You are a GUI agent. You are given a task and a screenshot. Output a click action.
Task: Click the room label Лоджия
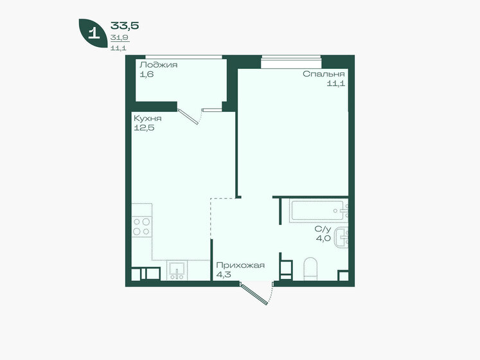[x=159, y=65]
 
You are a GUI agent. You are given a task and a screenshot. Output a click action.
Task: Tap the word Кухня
[x=148, y=118]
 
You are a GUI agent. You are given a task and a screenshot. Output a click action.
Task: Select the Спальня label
[x=324, y=74]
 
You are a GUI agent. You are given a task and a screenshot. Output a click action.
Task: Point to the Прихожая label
[x=240, y=265]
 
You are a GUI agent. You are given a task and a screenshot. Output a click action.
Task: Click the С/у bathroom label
[x=323, y=229]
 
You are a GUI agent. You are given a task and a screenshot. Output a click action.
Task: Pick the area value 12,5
[x=144, y=128]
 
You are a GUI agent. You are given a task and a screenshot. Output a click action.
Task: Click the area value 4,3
[x=224, y=274]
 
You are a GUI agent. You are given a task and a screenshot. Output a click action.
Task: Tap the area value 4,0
[x=323, y=239]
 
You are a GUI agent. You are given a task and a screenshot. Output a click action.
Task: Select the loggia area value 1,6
[x=147, y=74]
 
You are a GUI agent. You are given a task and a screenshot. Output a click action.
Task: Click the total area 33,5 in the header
[x=125, y=26]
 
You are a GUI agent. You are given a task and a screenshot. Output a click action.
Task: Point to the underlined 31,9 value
[x=120, y=38]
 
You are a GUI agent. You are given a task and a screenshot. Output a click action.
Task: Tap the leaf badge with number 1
[x=93, y=33]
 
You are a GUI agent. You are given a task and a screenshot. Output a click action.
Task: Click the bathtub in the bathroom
[x=318, y=210]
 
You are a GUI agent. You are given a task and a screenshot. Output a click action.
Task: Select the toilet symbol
[x=310, y=269]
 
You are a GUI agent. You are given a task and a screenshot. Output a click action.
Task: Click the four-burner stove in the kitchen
[x=142, y=226]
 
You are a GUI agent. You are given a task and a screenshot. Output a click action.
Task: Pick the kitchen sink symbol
[x=177, y=271]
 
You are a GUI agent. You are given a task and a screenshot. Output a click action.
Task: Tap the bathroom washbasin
[x=342, y=237]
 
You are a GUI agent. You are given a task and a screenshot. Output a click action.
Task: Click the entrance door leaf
[x=254, y=294]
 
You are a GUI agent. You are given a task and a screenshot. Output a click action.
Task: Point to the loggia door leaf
[x=188, y=117]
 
